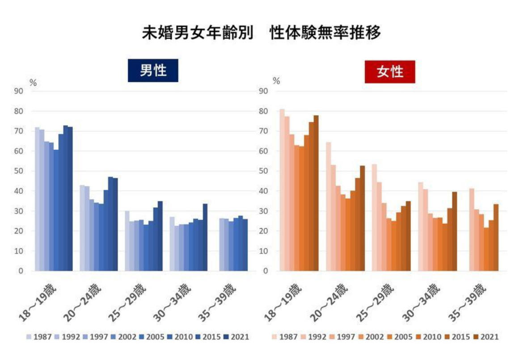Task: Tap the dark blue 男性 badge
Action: tap(153, 71)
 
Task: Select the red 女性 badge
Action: tap(390, 71)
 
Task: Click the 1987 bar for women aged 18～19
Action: tap(282, 190)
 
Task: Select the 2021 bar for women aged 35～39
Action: tap(496, 237)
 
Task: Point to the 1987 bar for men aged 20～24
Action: tap(82, 228)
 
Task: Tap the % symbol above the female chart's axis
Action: tap(276, 81)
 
